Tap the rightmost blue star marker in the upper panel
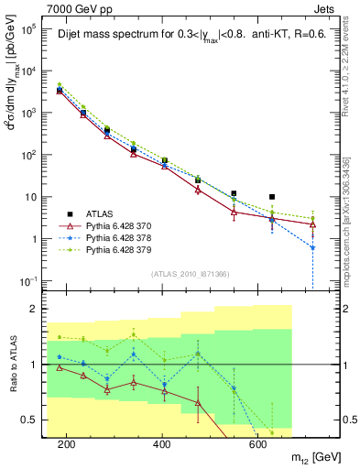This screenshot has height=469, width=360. pos(312,247)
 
